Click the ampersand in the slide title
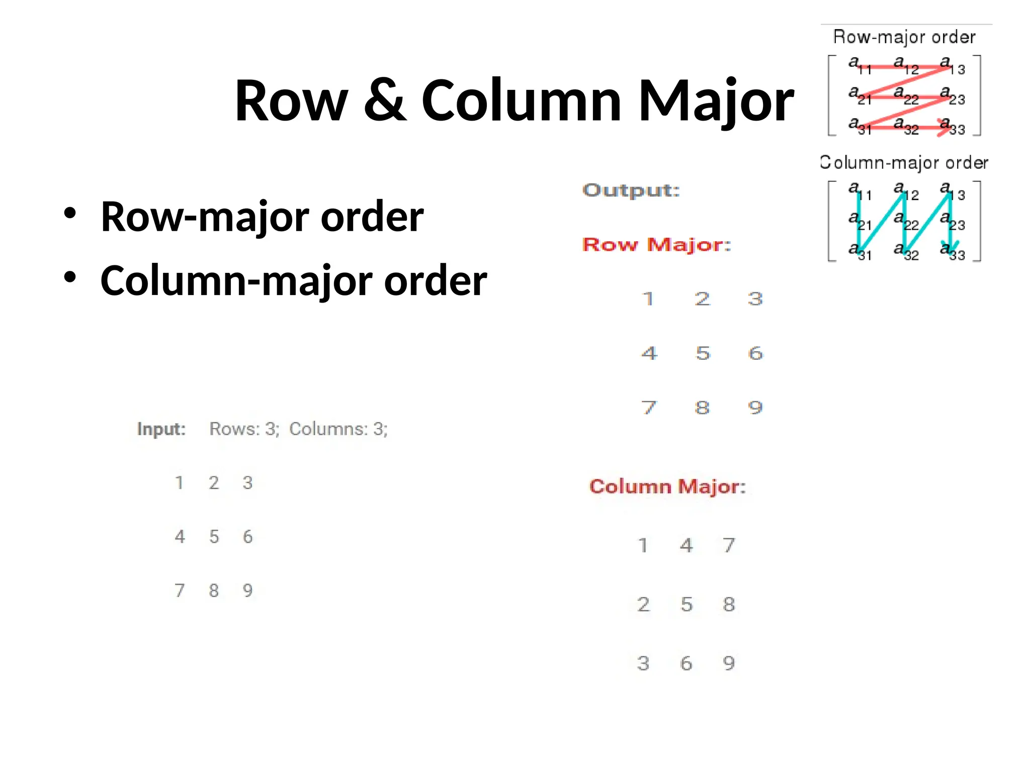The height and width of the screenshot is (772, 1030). tap(385, 101)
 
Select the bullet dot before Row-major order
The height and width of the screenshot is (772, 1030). tap(70, 213)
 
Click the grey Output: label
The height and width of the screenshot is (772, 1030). tap(631, 190)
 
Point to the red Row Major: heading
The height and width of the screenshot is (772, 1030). tap(656, 245)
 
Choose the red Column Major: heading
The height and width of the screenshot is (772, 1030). tap(667, 487)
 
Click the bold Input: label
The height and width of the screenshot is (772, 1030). tap(161, 429)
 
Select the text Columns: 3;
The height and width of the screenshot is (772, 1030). tap(338, 429)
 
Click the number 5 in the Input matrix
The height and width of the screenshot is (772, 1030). tap(214, 537)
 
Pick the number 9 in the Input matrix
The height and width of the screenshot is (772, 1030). tap(247, 590)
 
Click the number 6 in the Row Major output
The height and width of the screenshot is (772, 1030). tap(755, 353)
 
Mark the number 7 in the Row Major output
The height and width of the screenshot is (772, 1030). tap(649, 407)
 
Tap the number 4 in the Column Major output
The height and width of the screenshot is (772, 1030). tap(686, 545)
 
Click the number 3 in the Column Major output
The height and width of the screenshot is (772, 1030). tap(643, 663)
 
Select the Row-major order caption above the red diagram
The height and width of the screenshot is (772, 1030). tap(904, 37)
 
